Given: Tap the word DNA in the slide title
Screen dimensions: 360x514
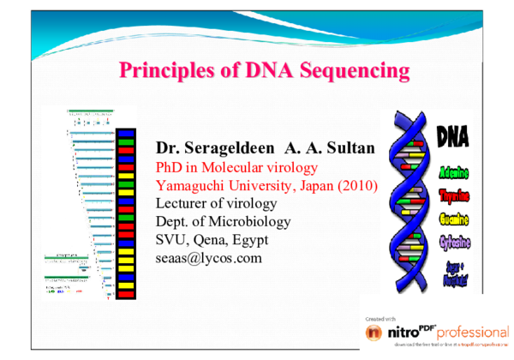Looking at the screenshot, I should pyautogui.click(x=260, y=69).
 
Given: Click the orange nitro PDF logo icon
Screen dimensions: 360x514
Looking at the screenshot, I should pyautogui.click(x=374, y=332).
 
